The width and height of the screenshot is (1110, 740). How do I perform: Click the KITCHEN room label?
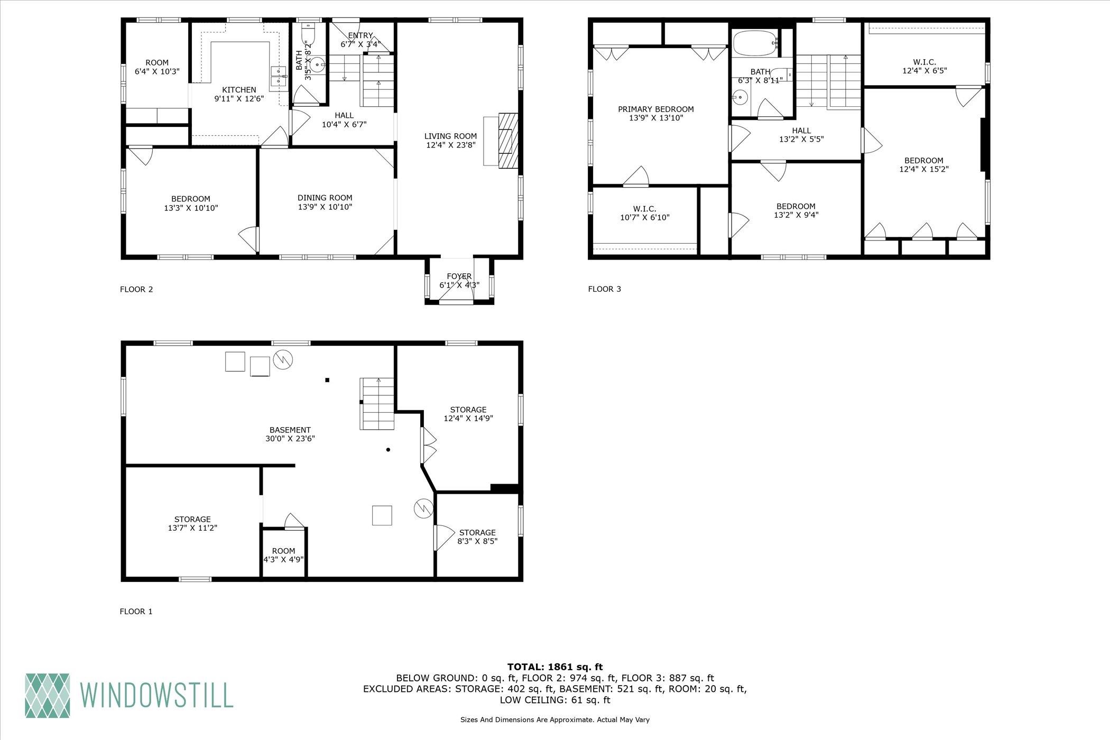coord(239,90)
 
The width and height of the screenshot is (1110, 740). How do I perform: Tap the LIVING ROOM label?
coord(450,136)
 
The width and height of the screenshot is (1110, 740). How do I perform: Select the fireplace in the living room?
coord(501,140)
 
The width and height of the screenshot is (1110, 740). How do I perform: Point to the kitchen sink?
coord(278,76)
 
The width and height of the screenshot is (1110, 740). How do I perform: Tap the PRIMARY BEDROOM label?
coord(656,109)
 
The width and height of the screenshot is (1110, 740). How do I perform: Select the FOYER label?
coord(459,276)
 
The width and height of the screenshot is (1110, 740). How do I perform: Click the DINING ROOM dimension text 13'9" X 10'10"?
coord(325,207)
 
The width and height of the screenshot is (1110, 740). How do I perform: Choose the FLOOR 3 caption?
coord(605,289)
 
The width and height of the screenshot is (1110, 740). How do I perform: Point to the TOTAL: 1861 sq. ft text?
coord(555,667)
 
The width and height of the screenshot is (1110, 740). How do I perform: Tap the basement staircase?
coord(377,404)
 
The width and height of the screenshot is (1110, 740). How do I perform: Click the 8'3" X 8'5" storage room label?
coord(477,541)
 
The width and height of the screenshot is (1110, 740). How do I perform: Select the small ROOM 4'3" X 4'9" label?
coord(283,555)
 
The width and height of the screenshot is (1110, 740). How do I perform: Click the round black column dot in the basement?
coord(388,450)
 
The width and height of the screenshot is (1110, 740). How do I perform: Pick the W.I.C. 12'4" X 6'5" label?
coord(924,66)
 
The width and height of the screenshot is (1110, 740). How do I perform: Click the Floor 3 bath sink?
coord(741,97)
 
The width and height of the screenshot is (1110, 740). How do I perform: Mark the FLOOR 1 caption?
coord(136,612)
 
